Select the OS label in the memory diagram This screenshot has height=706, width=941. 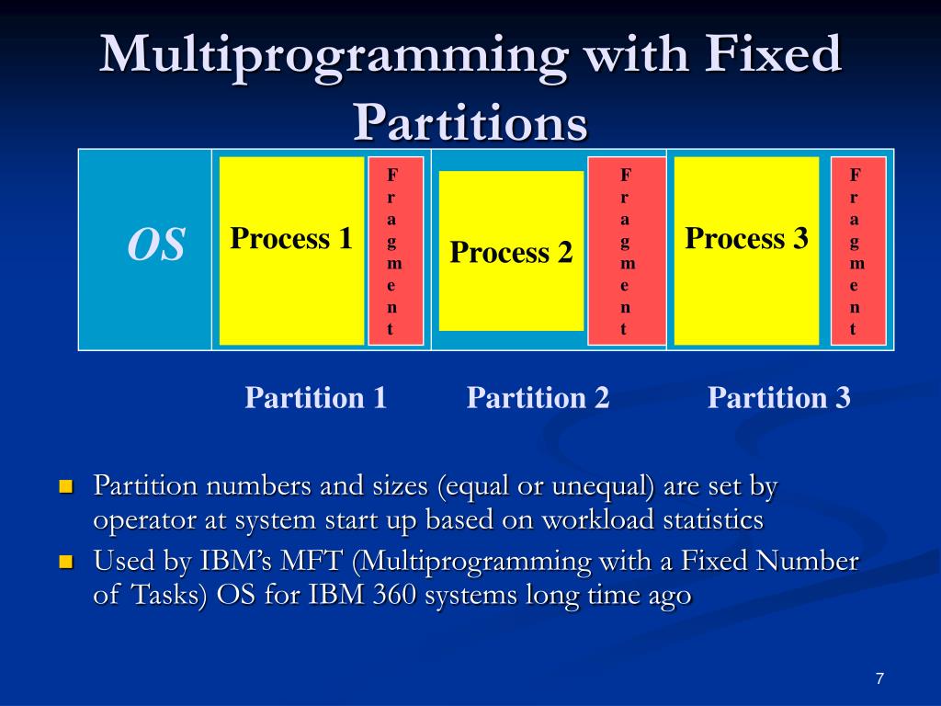click(156, 245)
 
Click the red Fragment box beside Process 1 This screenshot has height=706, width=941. click(395, 251)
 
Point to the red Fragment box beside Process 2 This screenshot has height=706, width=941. click(626, 251)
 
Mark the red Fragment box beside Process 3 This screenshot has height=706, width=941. click(857, 251)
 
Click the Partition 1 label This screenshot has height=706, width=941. click(315, 398)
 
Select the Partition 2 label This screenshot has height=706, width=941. click(538, 398)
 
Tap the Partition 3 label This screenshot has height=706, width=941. click(778, 398)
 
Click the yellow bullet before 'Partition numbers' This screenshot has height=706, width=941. click(65, 486)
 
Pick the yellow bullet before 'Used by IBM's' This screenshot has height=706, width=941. click(65, 562)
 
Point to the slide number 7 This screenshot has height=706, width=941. click(879, 678)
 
